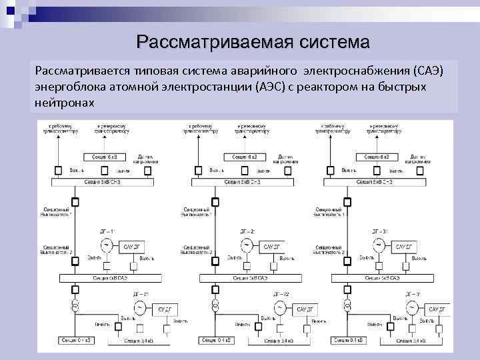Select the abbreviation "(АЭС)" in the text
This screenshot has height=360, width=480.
coord(269,87)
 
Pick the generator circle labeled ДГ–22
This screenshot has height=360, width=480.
coord(277,308)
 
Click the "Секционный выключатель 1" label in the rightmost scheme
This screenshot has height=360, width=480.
coord(331,212)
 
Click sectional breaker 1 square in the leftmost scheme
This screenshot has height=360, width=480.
coord(75,202)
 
